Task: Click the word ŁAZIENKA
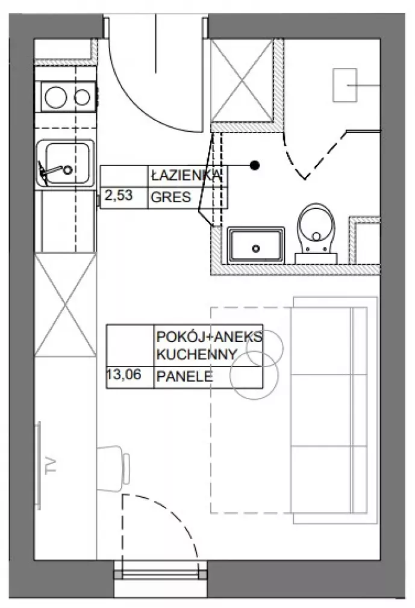click(x=186, y=176)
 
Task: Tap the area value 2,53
click(x=119, y=195)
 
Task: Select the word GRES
click(x=170, y=197)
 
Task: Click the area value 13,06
click(x=123, y=374)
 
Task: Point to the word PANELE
click(x=185, y=376)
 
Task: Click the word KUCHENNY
click(x=196, y=355)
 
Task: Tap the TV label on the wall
click(x=51, y=466)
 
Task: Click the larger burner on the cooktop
click(x=56, y=97)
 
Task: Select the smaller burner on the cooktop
click(x=83, y=98)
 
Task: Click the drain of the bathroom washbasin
click(x=255, y=249)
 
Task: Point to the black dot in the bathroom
click(x=254, y=166)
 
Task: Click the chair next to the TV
click(x=113, y=468)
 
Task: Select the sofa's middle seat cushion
click(x=321, y=410)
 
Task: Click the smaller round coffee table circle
click(x=265, y=347)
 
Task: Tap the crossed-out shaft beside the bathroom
click(x=242, y=81)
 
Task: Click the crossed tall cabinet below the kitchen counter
click(x=65, y=305)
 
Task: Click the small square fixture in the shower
click(x=345, y=85)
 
